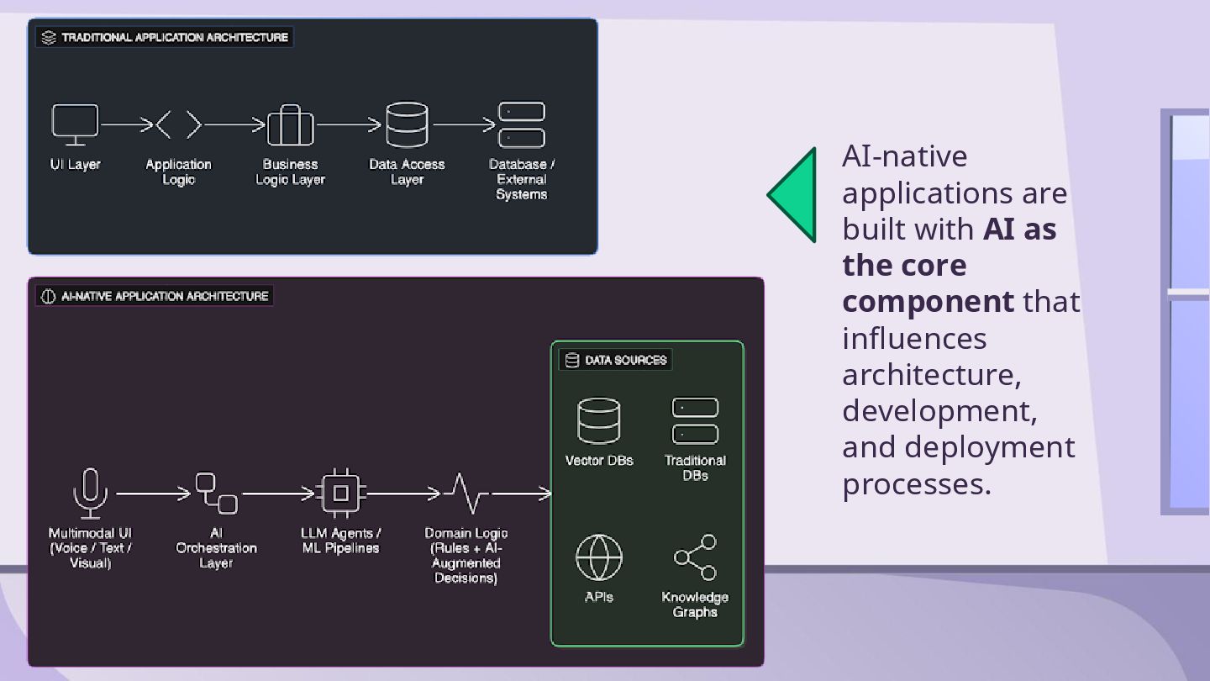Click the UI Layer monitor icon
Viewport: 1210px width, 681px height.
tap(75, 124)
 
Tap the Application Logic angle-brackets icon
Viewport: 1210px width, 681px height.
tap(179, 125)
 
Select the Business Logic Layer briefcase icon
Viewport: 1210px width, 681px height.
tap(290, 126)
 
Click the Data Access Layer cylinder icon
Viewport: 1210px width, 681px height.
tap(407, 124)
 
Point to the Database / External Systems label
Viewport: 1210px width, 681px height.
tap(522, 179)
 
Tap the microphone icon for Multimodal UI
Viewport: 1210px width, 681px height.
tap(90, 493)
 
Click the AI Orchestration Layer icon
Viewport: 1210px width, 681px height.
tap(216, 494)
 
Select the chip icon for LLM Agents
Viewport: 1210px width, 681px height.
tap(340, 494)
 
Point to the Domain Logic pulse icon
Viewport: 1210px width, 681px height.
tap(466, 494)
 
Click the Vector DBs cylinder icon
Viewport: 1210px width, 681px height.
tap(599, 420)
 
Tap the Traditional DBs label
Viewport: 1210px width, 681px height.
tap(695, 467)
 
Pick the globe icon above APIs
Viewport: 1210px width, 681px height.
tap(599, 557)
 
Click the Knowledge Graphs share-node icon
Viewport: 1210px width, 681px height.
tap(695, 557)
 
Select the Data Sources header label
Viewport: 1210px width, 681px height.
tap(625, 360)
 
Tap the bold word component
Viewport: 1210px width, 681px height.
tap(928, 301)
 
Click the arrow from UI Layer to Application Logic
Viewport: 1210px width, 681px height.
tap(126, 125)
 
